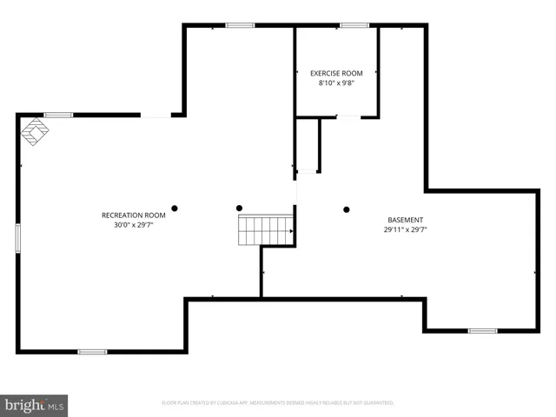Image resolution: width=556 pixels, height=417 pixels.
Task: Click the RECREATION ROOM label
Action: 133,215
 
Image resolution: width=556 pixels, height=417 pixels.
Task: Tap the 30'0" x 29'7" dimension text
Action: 133,224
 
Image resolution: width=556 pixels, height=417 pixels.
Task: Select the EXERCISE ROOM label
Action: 336,73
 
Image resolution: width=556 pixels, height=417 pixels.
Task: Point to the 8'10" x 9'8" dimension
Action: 336,83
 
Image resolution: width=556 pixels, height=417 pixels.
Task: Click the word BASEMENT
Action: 406,220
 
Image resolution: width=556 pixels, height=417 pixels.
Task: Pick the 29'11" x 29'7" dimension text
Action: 406,230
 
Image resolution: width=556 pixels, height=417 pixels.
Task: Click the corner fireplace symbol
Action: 35,131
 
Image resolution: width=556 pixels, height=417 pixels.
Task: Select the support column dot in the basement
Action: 346,208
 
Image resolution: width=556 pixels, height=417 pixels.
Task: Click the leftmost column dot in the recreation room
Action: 175,208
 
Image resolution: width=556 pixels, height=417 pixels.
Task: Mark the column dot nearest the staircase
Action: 240,208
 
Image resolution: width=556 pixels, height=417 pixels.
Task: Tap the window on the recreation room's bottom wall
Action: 92,351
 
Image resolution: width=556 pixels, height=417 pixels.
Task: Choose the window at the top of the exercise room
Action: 354,25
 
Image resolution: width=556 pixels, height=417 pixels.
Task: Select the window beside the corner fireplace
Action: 58,115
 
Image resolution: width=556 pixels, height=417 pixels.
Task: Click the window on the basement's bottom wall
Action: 482,330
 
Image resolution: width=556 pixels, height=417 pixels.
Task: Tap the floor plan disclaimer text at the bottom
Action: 278,403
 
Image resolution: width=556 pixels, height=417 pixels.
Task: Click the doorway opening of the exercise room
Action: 348,116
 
